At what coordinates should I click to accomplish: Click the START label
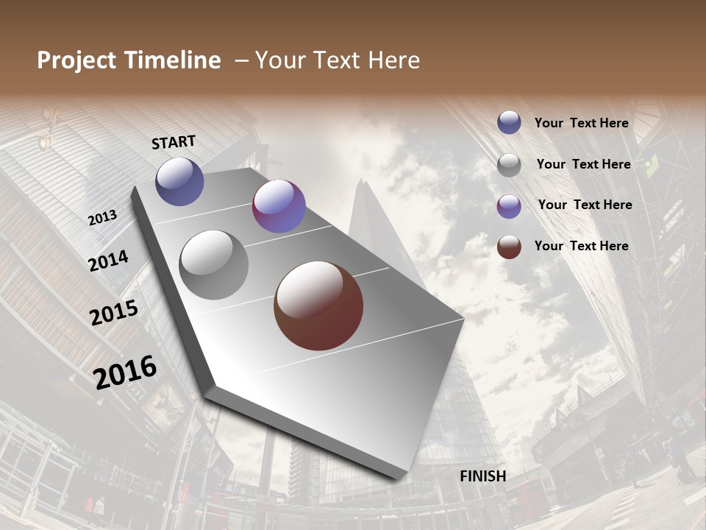(x=174, y=142)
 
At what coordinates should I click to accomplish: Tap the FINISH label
(x=482, y=476)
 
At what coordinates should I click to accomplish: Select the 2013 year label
(x=103, y=218)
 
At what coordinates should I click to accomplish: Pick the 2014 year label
(x=108, y=261)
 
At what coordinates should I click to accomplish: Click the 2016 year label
(x=125, y=372)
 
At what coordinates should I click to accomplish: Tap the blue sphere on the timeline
(x=179, y=181)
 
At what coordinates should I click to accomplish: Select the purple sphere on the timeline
(x=279, y=206)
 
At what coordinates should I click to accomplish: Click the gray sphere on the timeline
(x=213, y=265)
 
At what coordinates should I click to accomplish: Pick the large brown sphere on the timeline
(x=318, y=305)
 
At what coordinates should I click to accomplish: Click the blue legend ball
(x=509, y=122)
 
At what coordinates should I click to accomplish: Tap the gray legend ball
(x=509, y=165)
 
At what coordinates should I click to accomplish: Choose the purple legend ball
(x=509, y=206)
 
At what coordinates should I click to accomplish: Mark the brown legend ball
(x=509, y=247)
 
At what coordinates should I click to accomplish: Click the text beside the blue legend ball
(x=581, y=123)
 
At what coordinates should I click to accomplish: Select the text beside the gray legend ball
(x=583, y=164)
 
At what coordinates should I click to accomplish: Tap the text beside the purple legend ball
(x=585, y=205)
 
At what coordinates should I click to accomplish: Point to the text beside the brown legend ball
(x=581, y=246)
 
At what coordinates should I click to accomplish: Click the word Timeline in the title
(x=172, y=60)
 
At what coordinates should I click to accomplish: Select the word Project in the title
(x=77, y=60)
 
